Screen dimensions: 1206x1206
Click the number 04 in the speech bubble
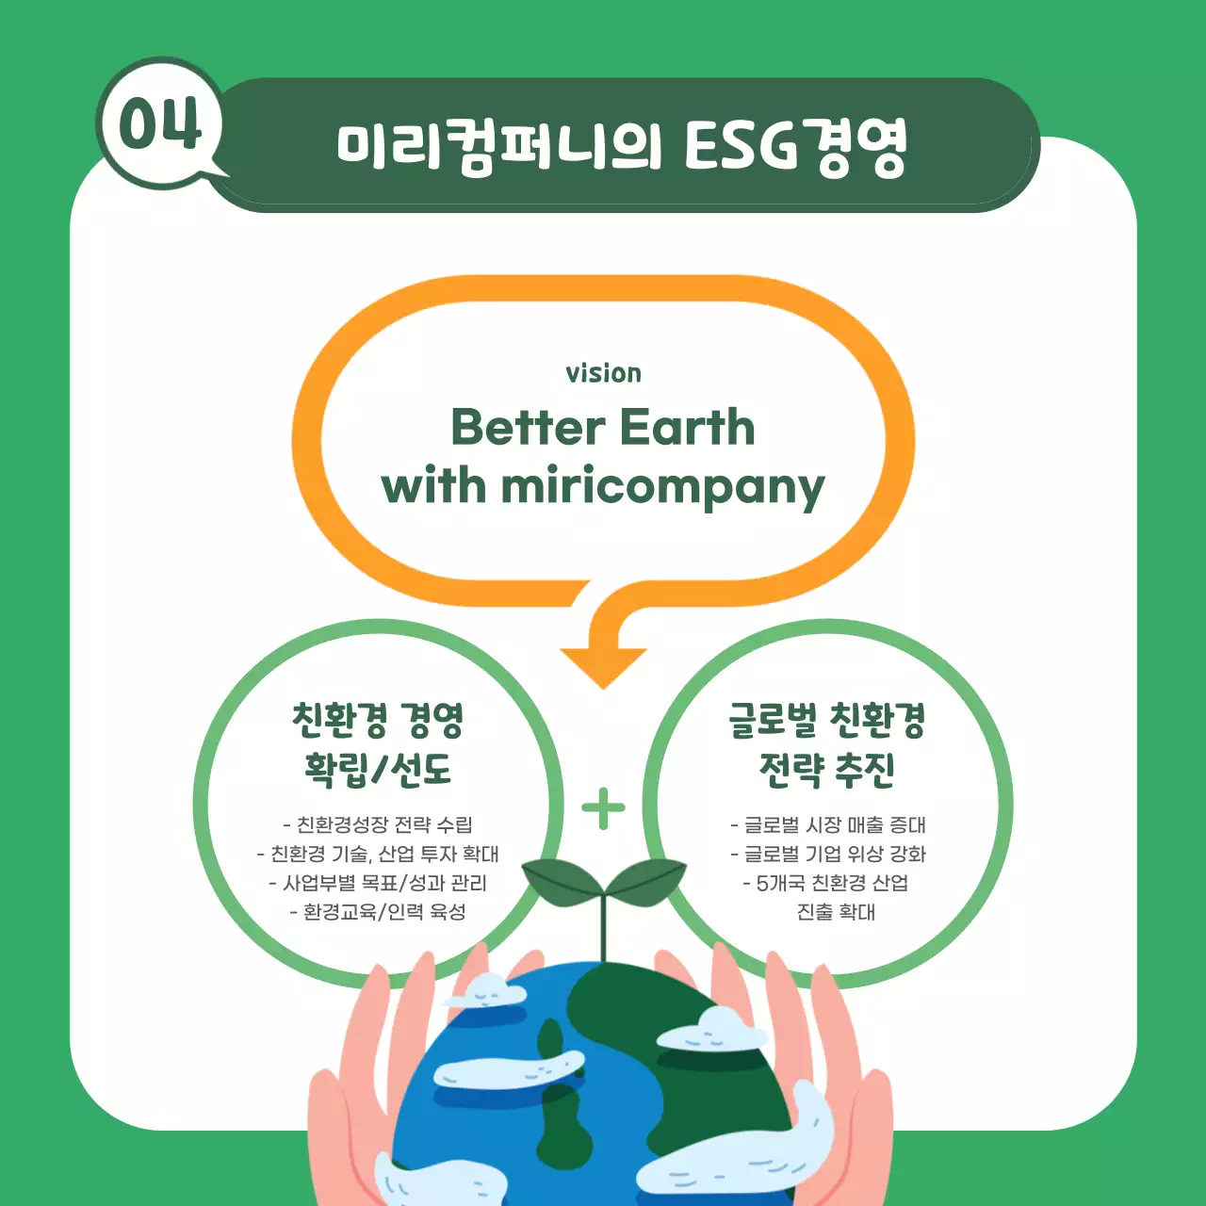(160, 123)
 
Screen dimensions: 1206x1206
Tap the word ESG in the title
(741, 146)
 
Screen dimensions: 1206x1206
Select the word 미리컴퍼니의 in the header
(499, 147)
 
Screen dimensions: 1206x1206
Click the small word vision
(603, 373)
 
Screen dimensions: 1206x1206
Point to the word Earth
(687, 428)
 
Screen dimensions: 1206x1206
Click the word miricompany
(662, 488)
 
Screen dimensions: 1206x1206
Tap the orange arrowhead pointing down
(603, 665)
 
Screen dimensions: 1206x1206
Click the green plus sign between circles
(603, 808)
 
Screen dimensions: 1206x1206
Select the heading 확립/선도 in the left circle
(378, 770)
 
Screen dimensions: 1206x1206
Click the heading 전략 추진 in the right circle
(826, 770)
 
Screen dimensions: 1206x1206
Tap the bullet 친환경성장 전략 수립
(378, 825)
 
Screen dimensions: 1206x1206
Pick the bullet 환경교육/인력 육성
(378, 912)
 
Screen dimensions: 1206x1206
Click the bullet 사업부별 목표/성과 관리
(378, 883)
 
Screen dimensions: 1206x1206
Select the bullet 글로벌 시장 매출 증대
(828, 825)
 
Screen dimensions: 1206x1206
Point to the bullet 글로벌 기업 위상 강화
(828, 855)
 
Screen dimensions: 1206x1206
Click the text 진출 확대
(836, 912)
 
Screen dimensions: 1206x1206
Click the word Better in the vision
(528, 428)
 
